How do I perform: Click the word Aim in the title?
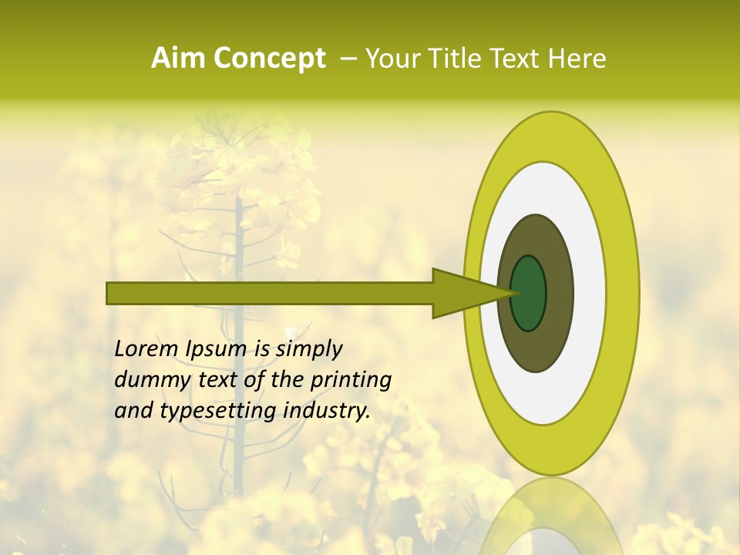(x=178, y=59)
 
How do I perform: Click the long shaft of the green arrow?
(x=270, y=293)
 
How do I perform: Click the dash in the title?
(x=348, y=59)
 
